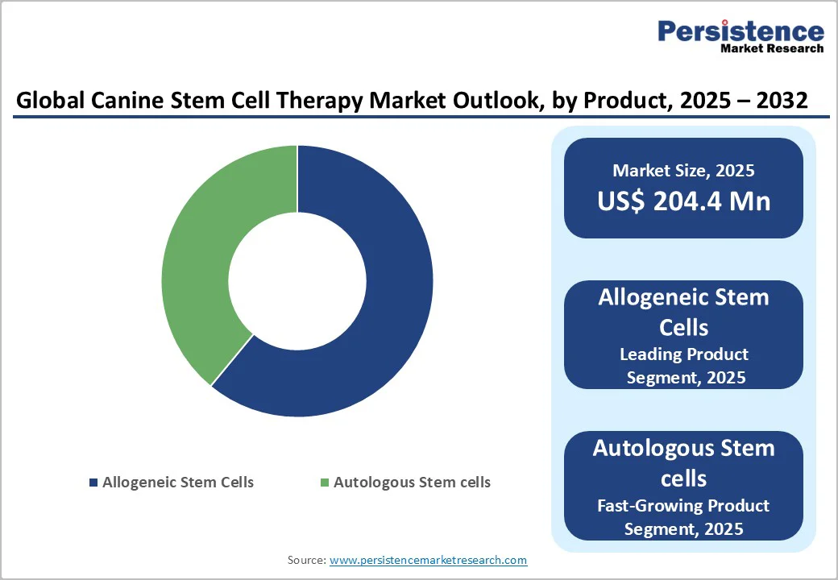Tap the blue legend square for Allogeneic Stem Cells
click(x=93, y=483)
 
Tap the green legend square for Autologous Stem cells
click(x=325, y=483)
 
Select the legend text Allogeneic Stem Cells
click(x=177, y=483)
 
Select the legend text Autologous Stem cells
click(x=412, y=483)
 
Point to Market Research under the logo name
click(x=772, y=48)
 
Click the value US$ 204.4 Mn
click(x=683, y=201)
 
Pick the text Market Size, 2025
click(x=683, y=171)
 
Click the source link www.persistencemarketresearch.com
click(x=428, y=559)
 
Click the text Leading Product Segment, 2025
click(x=683, y=366)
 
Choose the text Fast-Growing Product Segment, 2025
click(x=683, y=517)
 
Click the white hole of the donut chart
click(x=297, y=281)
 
